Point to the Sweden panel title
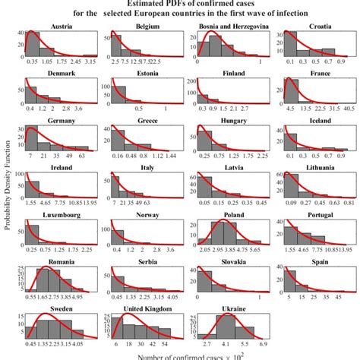click(61, 309)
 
